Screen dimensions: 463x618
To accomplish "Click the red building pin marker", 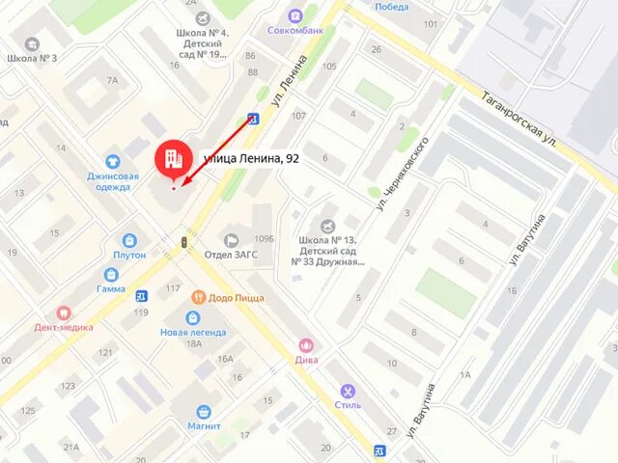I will pyautogui.click(x=174, y=158).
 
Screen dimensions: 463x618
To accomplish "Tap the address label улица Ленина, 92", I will pyautogui.click(x=250, y=158).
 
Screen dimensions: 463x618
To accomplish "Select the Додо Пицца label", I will pyautogui.click(x=235, y=298).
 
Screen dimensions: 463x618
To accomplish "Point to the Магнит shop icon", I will pyautogui.click(x=204, y=412).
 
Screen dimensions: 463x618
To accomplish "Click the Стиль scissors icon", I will pyautogui.click(x=348, y=392).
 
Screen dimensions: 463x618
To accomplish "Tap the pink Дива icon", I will pyautogui.click(x=307, y=344).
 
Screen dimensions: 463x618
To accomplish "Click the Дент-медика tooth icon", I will pyautogui.click(x=65, y=313).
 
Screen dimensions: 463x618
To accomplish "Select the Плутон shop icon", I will pyautogui.click(x=129, y=240).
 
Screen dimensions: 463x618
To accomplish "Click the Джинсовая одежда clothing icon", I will pyautogui.click(x=113, y=161).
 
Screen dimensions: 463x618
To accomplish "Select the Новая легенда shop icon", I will pyautogui.click(x=193, y=317).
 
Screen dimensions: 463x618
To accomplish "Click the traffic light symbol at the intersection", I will pyautogui.click(x=183, y=241).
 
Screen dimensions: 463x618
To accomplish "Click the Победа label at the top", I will pyautogui.click(x=391, y=7).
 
